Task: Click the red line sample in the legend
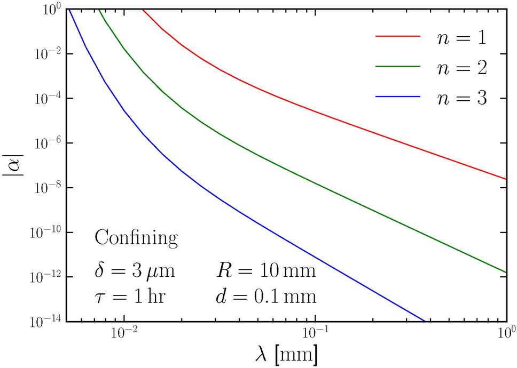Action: tap(398, 36)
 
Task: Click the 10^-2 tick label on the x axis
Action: tap(124, 334)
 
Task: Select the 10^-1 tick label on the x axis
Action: tap(315, 334)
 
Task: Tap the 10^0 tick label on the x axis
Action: tap(505, 334)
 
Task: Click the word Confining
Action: tap(136, 238)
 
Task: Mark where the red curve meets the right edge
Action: tap(505, 179)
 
